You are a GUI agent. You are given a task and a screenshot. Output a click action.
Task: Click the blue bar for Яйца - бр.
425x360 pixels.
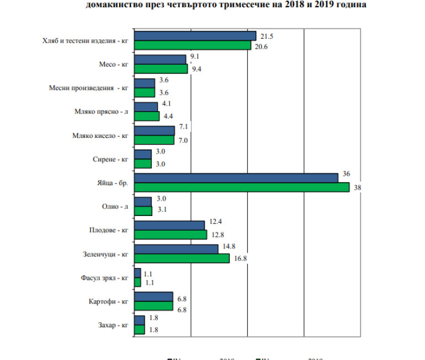point(236,178)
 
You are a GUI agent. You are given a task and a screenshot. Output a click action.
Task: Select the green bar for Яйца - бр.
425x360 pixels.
point(242,187)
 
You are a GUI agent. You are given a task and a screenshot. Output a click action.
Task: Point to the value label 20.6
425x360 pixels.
point(261,47)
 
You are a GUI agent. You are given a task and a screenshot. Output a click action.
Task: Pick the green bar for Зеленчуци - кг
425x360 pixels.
point(182,259)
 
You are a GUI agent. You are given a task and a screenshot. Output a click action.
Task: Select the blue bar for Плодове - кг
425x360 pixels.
point(170,225)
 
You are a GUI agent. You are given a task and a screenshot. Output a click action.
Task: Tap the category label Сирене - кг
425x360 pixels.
point(111,160)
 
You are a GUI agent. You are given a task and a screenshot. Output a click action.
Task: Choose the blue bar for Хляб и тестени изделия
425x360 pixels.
point(195,36)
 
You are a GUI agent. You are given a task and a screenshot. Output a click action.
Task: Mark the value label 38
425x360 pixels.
point(357,188)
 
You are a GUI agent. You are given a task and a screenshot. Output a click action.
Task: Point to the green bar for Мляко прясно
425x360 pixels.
point(147,116)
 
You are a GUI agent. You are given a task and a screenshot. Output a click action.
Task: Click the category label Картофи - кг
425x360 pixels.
point(108,301)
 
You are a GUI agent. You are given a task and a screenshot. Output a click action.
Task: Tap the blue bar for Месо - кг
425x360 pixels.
point(160,59)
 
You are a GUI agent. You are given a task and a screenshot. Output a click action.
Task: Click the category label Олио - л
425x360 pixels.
point(116,207)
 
